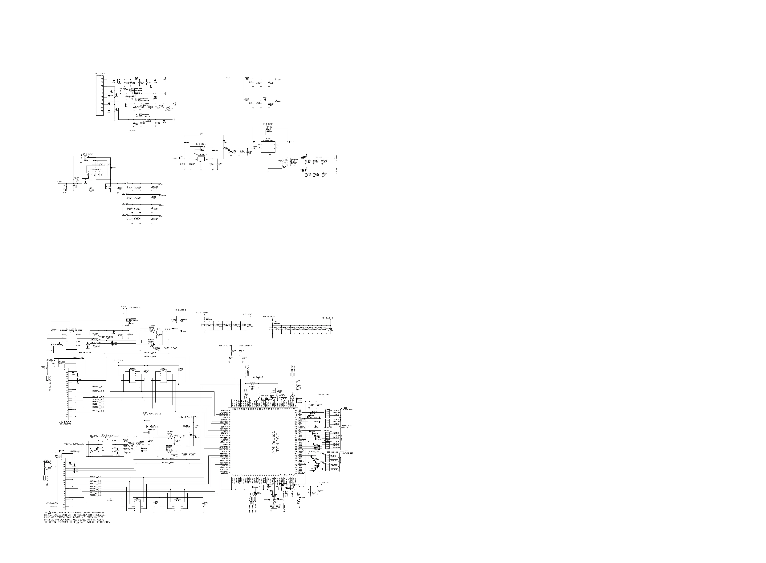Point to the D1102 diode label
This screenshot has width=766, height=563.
pyautogui.click(x=268, y=124)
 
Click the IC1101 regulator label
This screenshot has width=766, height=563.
pyautogui.click(x=201, y=154)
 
